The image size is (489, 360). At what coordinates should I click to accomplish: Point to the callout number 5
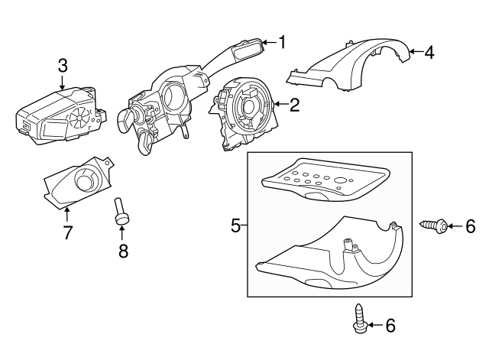coord(235,225)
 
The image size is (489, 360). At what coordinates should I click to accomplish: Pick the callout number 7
coord(67,232)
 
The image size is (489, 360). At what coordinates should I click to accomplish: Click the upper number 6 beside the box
coord(470,225)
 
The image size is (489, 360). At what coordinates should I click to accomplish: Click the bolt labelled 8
coord(121,211)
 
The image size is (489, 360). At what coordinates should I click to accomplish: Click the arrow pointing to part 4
coord(413,51)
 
